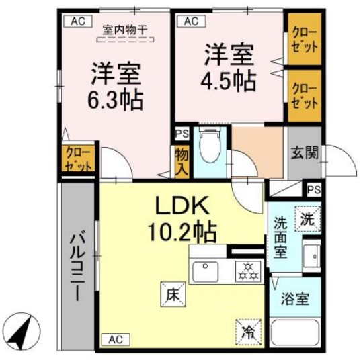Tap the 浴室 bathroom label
point(294,299)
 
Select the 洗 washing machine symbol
point(307,218)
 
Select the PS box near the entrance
point(313,190)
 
